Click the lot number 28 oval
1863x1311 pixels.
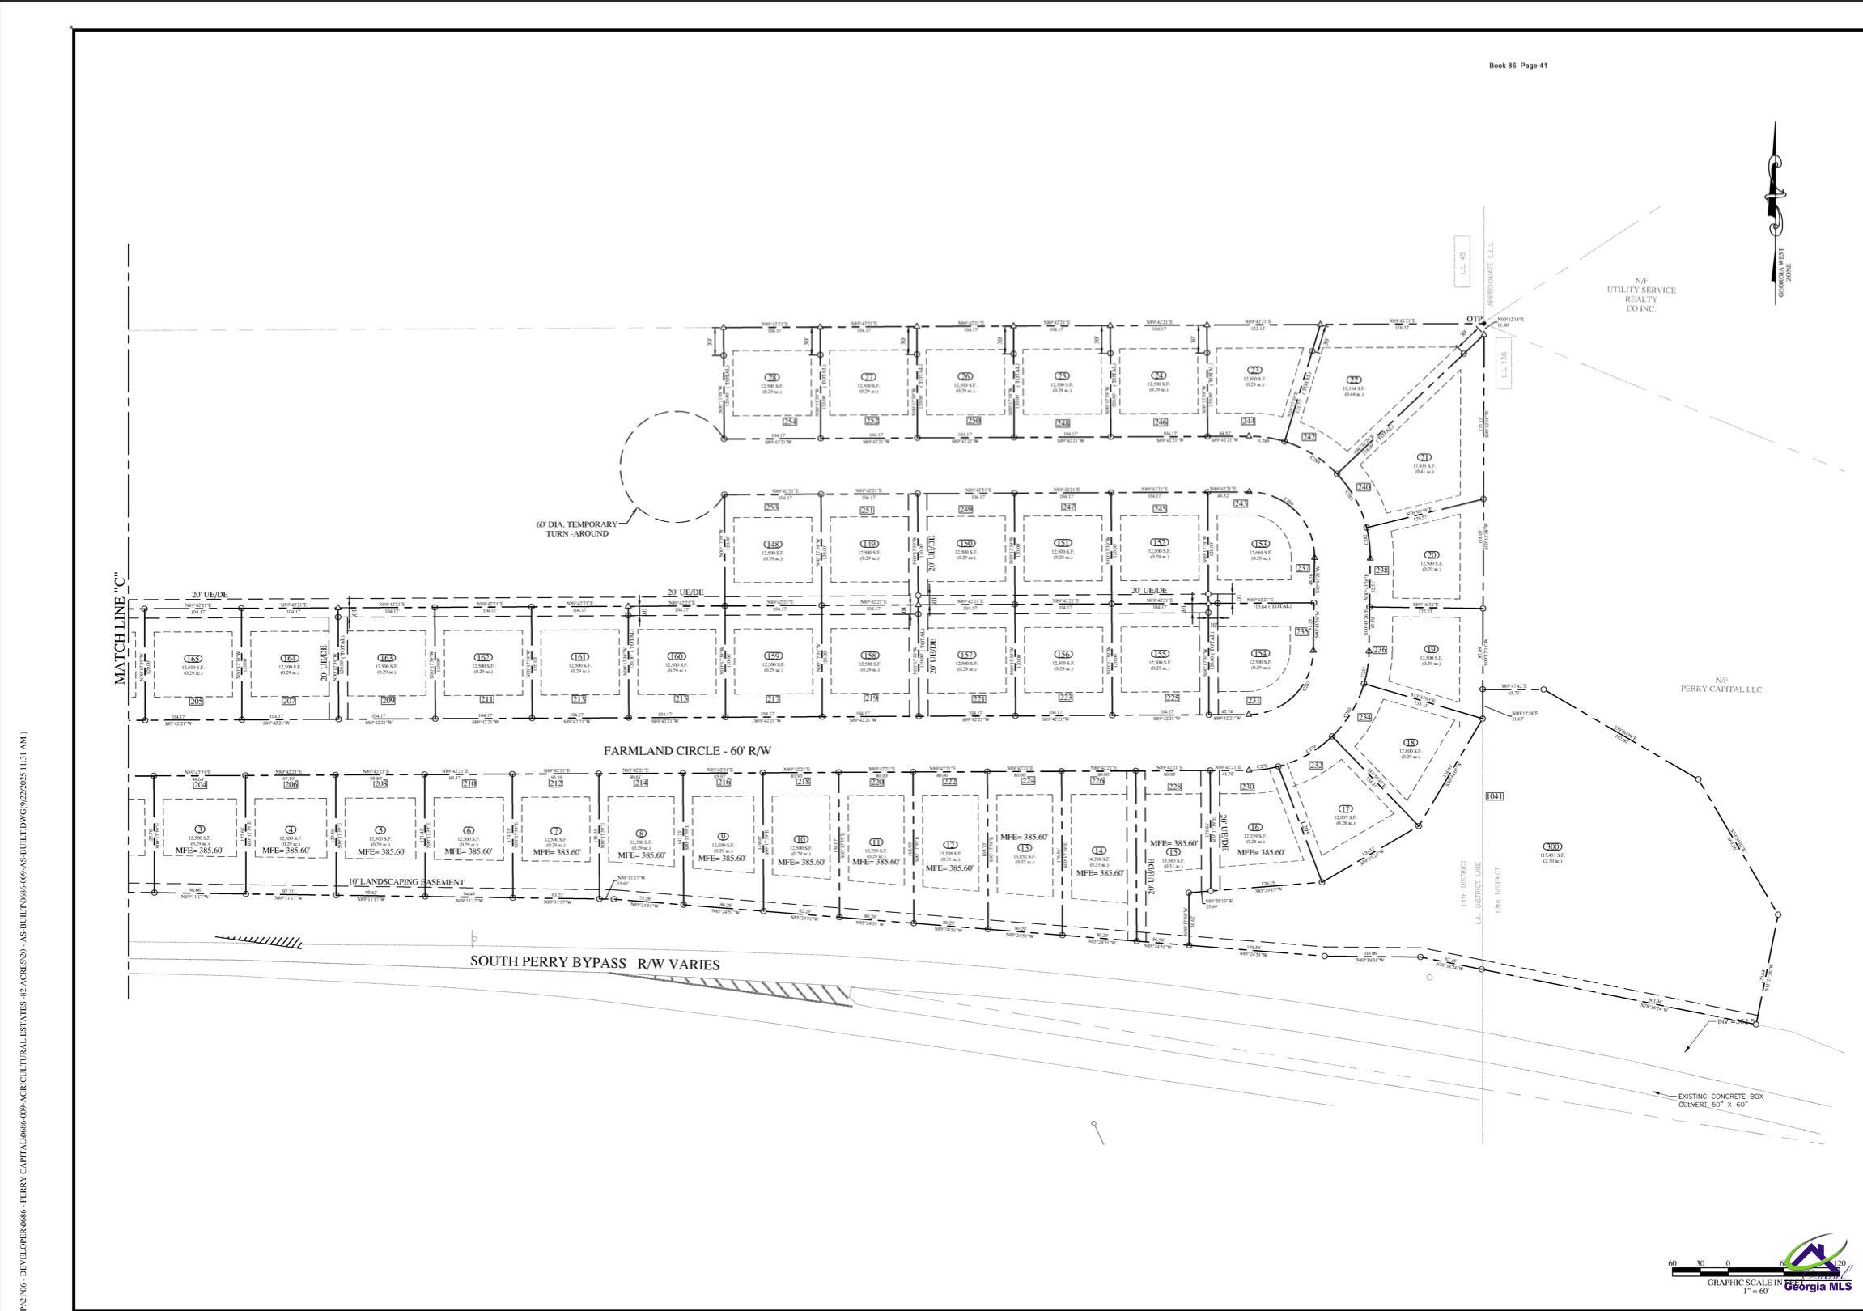pyautogui.click(x=772, y=378)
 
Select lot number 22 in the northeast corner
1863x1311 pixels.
pyautogui.click(x=1354, y=380)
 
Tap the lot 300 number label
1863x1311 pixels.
pyautogui.click(x=1552, y=847)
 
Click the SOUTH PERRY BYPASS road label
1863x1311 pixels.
pyautogui.click(x=595, y=963)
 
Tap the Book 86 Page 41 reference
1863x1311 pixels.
pyautogui.click(x=1517, y=66)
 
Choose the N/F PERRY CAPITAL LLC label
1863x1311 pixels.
pyautogui.click(x=1721, y=685)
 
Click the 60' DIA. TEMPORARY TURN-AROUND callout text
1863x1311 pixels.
pyautogui.click(x=576, y=528)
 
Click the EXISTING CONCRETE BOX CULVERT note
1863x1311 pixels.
pyautogui.click(x=1721, y=1100)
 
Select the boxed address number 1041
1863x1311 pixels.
pyautogui.click(x=1494, y=796)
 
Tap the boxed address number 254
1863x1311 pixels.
pyautogui.click(x=790, y=422)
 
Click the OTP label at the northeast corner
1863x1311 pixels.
pyautogui.click(x=1474, y=318)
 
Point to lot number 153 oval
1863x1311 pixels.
pyautogui.click(x=1259, y=545)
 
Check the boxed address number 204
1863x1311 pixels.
pyautogui.click(x=200, y=784)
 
